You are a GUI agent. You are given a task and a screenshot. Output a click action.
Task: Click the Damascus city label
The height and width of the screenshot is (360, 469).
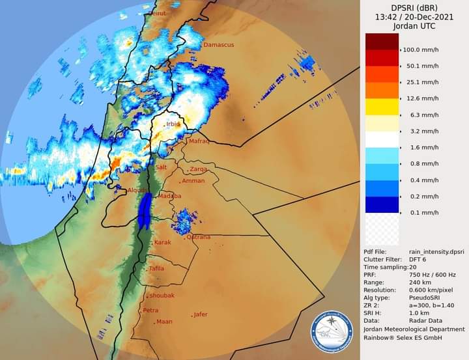(x=218, y=45)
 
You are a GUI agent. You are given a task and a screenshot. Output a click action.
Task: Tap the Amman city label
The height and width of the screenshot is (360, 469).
(x=193, y=181)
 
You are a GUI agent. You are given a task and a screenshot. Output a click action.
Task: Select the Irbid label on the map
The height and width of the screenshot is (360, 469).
(x=173, y=124)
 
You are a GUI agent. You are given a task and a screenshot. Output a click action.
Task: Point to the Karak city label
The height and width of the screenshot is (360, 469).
(x=162, y=243)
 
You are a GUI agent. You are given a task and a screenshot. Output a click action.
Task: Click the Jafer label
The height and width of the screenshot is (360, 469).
(x=201, y=314)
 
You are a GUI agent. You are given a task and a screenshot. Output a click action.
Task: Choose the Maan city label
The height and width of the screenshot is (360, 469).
(x=164, y=322)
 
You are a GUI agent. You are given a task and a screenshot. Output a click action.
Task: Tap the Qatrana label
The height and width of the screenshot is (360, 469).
(x=199, y=237)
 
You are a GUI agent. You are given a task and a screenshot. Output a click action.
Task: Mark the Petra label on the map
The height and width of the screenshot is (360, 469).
(x=150, y=311)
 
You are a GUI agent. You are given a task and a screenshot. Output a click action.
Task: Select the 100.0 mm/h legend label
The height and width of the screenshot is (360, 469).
(x=420, y=49)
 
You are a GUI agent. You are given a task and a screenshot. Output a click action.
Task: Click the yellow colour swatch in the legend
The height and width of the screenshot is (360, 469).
(x=382, y=107)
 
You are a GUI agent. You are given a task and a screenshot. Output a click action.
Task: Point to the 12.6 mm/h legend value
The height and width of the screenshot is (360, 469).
(x=421, y=98)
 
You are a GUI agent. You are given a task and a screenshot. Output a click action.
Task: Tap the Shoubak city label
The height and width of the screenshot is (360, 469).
(x=162, y=296)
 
